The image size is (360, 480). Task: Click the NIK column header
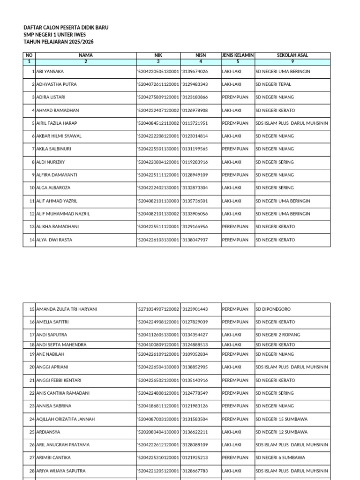pyautogui.click(x=158, y=55)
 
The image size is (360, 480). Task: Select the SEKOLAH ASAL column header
pyautogui.click(x=292, y=55)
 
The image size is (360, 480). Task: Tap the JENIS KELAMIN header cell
pyautogui.click(x=238, y=55)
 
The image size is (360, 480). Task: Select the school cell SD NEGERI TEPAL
pyautogui.click(x=273, y=84)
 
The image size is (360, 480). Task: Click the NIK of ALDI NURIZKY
pyautogui.click(x=158, y=162)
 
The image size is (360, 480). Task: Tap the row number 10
pyautogui.click(x=32, y=188)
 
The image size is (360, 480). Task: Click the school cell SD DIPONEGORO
pyautogui.click(x=273, y=309)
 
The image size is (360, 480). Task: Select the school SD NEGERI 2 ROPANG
pyautogui.click(x=278, y=335)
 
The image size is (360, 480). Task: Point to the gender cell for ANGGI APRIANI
pyautogui.click(x=232, y=367)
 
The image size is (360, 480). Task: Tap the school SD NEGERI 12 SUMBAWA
pyautogui.click(x=281, y=432)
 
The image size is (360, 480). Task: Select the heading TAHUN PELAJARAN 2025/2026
pyautogui.click(x=58, y=42)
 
